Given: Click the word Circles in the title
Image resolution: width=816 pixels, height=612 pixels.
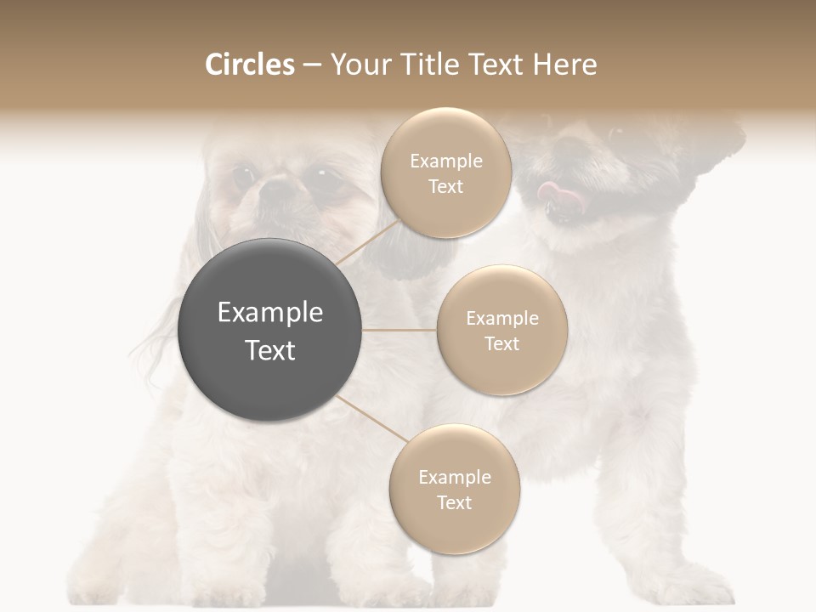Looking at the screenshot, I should coord(249,65).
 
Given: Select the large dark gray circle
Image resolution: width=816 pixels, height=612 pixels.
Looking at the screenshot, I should coord(270,330).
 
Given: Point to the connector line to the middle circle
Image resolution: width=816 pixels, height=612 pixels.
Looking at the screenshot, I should coord(399,330).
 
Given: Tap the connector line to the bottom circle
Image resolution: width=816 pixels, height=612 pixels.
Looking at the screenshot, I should coord(372,420).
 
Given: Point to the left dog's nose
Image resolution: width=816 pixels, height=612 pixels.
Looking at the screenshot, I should coord(275,192).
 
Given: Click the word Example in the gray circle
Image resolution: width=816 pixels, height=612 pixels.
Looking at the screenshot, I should coord(270,313).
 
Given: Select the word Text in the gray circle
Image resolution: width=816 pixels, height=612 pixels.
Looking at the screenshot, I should coord(270,350).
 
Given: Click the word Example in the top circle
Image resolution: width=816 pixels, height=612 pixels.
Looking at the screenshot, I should coord(445,161).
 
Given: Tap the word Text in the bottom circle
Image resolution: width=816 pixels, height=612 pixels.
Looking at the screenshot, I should coord(454,502).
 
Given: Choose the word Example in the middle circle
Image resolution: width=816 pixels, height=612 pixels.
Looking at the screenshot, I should coord(502,319).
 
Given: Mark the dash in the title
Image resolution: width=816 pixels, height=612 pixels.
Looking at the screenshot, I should coord(312,65).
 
